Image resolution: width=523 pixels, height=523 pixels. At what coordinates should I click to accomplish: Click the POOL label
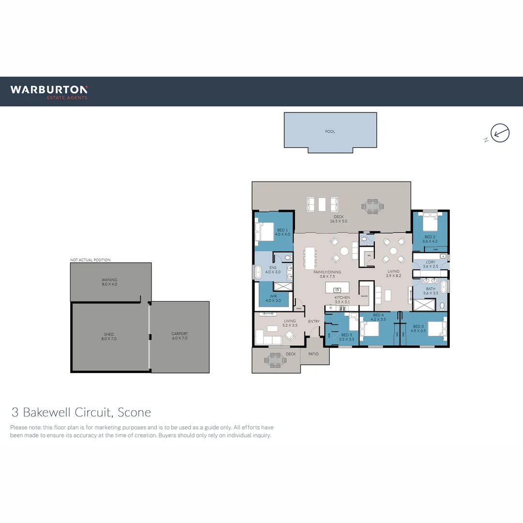(x=330, y=131)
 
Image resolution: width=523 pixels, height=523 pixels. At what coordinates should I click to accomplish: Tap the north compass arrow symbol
(x=500, y=133)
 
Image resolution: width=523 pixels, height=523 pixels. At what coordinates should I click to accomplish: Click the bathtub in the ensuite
(x=258, y=272)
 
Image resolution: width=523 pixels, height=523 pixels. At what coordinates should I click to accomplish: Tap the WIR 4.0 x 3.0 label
(x=273, y=298)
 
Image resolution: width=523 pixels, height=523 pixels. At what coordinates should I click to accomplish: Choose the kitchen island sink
(x=337, y=290)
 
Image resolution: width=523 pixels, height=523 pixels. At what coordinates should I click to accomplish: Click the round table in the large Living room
(x=393, y=251)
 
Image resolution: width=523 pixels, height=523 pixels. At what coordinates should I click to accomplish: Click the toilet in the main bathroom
(x=442, y=306)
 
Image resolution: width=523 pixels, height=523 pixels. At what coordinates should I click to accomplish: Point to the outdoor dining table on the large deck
(x=372, y=206)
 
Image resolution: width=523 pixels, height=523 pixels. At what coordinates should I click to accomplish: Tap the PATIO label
(x=314, y=354)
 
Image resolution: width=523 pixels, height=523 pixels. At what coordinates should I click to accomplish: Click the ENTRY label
(x=314, y=322)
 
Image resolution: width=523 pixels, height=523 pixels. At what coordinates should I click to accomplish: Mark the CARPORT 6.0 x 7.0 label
(x=179, y=336)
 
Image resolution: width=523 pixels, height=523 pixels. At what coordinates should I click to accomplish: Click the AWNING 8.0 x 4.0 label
(x=109, y=282)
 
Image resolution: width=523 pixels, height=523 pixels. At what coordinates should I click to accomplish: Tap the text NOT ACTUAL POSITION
(x=90, y=260)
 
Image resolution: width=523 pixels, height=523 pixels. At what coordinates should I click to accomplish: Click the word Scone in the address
(x=134, y=412)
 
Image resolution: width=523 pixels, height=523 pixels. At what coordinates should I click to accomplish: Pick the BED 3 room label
(x=419, y=329)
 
